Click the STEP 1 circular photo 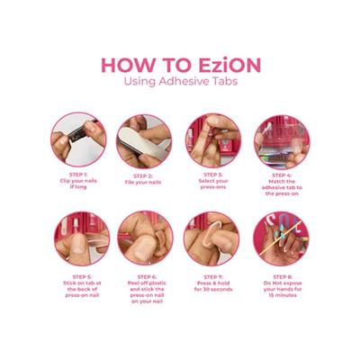78,139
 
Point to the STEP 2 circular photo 144,139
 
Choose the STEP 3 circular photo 212,139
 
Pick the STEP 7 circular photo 212,238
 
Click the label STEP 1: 79,175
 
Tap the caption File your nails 145,182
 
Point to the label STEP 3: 212,175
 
